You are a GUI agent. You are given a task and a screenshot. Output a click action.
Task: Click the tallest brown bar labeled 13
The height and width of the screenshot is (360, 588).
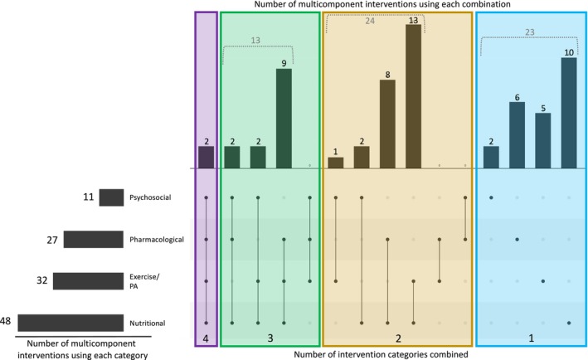[413, 96]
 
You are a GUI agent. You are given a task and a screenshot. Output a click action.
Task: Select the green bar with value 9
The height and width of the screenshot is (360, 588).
[284, 119]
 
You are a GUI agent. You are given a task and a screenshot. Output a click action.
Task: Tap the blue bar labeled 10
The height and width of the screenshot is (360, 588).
[568, 113]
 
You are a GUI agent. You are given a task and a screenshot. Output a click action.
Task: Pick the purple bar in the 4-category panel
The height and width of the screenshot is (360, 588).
[207, 158]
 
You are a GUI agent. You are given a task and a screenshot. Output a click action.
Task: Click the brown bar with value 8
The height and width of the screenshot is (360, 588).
[387, 124]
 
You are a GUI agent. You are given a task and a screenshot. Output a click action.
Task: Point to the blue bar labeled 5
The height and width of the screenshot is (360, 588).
[542, 140]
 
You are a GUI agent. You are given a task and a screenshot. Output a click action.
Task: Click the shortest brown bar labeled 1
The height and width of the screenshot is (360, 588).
[335, 163]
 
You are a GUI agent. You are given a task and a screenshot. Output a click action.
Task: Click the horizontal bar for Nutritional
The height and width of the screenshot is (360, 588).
[70, 323]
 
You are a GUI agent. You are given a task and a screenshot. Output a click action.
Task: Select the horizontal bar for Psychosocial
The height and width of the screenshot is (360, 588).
[111, 197]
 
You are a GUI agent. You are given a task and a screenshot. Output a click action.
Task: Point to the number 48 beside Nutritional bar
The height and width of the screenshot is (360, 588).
[7, 321]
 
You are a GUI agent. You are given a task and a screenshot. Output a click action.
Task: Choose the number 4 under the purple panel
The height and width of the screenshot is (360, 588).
[207, 339]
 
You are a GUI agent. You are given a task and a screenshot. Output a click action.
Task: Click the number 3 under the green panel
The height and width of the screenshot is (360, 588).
[270, 339]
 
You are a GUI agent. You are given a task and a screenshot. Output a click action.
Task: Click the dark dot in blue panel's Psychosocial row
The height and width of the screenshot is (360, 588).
[491, 197]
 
